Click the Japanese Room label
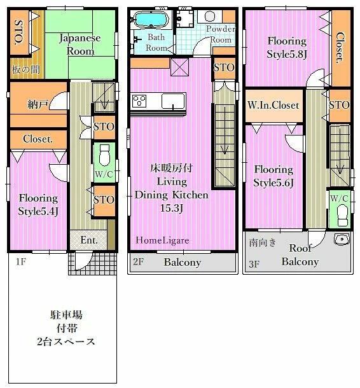coord(80,45)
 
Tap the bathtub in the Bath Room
coord(151,19)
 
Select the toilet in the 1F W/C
coord(104,155)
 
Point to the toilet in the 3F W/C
coord(343,215)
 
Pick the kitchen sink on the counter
coord(173,101)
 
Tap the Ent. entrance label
coord(89,240)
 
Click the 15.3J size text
coord(172,208)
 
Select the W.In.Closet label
coord(273,105)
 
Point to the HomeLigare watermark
coord(162,240)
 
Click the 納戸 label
coord(38,104)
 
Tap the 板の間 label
coord(26,69)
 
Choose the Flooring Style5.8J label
coord(287,47)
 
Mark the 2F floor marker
coord(138,261)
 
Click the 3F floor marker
coord(254,264)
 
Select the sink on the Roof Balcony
coord(342,239)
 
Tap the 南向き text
coord(263,242)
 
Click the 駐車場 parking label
coord(67,315)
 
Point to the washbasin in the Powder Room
coord(210,17)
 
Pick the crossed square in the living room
coord(179,67)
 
